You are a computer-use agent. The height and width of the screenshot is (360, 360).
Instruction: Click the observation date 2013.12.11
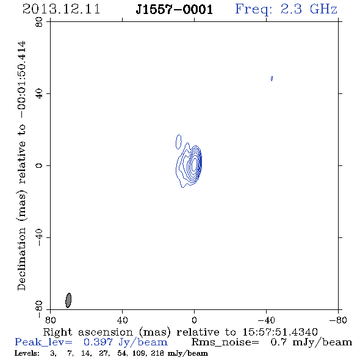pyautogui.click(x=61, y=9)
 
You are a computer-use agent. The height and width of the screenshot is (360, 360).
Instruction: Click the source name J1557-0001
pyautogui.click(x=175, y=10)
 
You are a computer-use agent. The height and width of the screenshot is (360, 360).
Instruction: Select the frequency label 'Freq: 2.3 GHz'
pyautogui.click(x=286, y=10)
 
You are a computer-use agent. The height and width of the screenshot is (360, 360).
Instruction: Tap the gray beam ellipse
pyautogui.click(x=68, y=300)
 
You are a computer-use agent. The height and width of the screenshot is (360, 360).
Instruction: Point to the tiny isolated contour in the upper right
pyautogui.click(x=272, y=79)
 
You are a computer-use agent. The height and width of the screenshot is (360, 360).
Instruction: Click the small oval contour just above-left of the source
pyautogui.click(x=178, y=142)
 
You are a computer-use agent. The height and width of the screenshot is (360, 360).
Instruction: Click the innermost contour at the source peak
pyautogui.click(x=195, y=164)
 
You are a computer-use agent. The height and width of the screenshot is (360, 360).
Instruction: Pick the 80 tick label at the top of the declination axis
pyautogui.click(x=39, y=22)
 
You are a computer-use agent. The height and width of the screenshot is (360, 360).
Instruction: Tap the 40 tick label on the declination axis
pyautogui.click(x=39, y=94)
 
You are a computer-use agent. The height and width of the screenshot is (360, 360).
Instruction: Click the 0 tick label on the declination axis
pyautogui.click(x=39, y=165)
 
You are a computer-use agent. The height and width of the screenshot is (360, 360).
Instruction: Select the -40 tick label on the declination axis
pyautogui.click(x=39, y=237)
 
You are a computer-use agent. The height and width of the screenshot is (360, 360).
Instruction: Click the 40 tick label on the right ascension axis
pyautogui.click(x=122, y=320)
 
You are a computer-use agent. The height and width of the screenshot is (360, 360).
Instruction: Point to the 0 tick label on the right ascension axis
pyautogui.click(x=194, y=320)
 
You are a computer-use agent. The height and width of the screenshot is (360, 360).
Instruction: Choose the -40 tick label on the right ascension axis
pyautogui.click(x=266, y=320)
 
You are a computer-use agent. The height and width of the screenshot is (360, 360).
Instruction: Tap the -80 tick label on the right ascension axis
pyautogui.click(x=338, y=320)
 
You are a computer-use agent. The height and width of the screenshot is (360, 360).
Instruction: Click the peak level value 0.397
pyautogui.click(x=98, y=342)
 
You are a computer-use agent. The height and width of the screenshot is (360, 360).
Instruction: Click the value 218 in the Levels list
pyautogui.click(x=157, y=353)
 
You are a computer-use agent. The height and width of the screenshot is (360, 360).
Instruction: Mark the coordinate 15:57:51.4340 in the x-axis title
pyautogui.click(x=280, y=332)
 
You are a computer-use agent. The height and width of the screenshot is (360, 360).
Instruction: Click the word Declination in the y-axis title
pyautogui.click(x=21, y=259)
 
